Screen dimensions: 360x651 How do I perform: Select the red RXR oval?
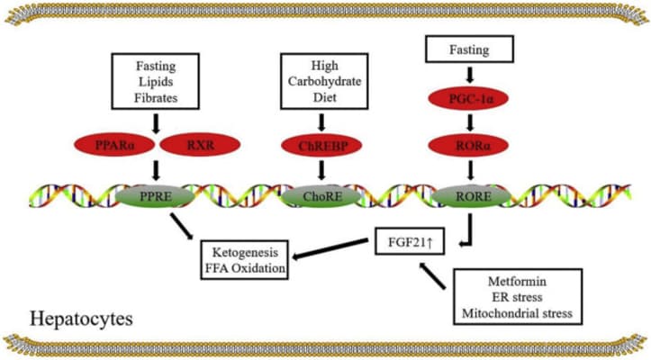point(200,144)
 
